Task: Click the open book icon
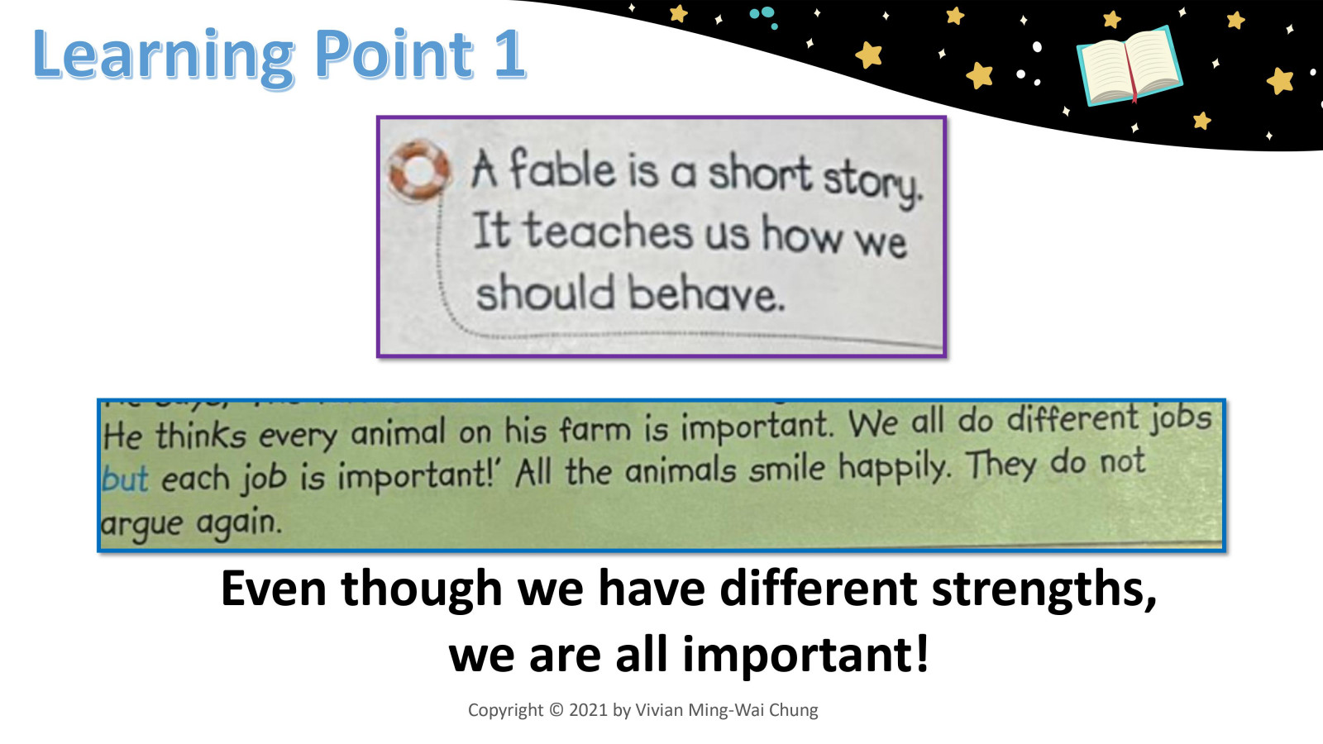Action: click(x=1129, y=66)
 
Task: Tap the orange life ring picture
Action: click(x=418, y=170)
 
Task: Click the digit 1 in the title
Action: click(x=509, y=55)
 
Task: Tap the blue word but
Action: click(x=125, y=479)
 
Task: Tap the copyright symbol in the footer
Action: click(x=556, y=710)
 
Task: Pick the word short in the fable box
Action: click(x=760, y=174)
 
